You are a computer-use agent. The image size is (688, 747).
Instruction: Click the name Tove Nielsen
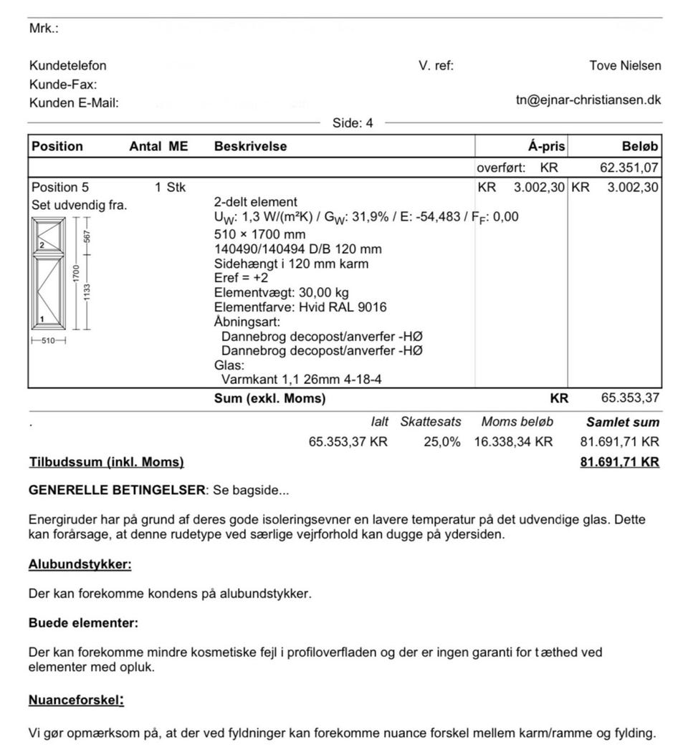[625, 66]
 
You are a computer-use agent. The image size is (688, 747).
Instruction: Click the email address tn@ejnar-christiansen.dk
[588, 100]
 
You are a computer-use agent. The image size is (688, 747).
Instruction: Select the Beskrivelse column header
[250, 147]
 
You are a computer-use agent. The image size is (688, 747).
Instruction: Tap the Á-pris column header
[546, 147]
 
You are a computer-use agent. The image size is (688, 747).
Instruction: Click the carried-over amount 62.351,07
[629, 168]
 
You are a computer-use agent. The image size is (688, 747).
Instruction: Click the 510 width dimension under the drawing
[48, 340]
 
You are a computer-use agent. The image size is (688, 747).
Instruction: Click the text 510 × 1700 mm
[259, 234]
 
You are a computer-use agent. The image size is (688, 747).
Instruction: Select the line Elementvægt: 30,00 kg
[282, 293]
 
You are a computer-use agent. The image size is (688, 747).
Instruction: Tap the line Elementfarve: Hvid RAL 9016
[300, 307]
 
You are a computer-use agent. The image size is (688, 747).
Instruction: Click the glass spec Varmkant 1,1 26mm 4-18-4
[301, 380]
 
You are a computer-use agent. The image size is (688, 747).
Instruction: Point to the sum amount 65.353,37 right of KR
[629, 399]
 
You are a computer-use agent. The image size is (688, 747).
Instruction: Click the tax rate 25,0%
[441, 442]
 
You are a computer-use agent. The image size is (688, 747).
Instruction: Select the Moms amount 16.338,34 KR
[513, 442]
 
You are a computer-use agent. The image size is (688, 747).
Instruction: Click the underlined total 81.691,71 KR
[619, 463]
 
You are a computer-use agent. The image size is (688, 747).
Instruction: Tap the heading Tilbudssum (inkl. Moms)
[106, 463]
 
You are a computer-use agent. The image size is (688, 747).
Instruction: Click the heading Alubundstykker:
[80, 564]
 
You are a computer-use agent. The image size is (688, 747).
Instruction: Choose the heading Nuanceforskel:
[76, 700]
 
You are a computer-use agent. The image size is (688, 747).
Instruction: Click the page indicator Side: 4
[353, 123]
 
